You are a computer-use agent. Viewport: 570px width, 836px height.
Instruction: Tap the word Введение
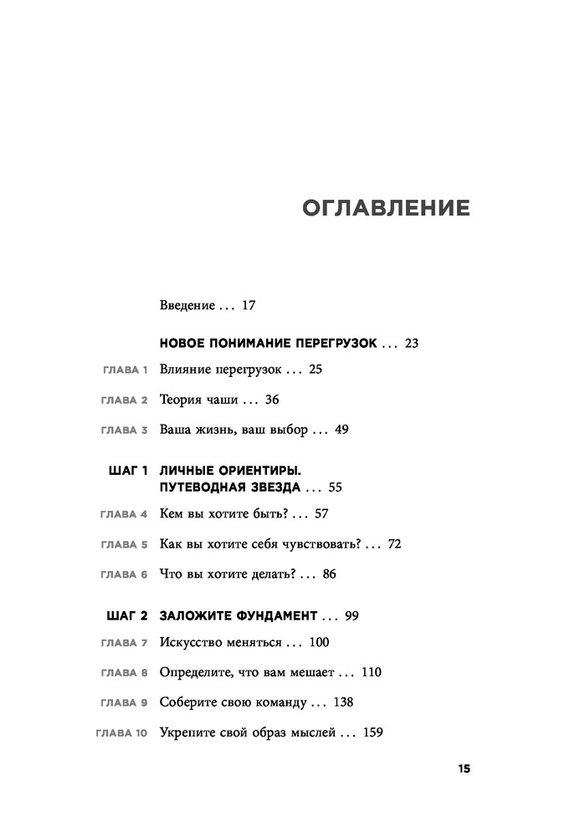pyautogui.click(x=187, y=305)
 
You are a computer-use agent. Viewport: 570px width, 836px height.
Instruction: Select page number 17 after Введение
pyautogui.click(x=248, y=305)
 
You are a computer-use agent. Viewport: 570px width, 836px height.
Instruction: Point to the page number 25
pyautogui.click(x=315, y=368)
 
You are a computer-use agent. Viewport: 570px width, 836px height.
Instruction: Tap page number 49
pyautogui.click(x=340, y=430)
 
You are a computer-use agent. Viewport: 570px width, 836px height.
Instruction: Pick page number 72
pyautogui.click(x=395, y=543)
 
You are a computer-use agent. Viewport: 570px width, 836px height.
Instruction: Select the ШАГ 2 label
pyautogui.click(x=128, y=616)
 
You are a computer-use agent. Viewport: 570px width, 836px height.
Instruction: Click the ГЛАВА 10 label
pyautogui.click(x=121, y=734)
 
